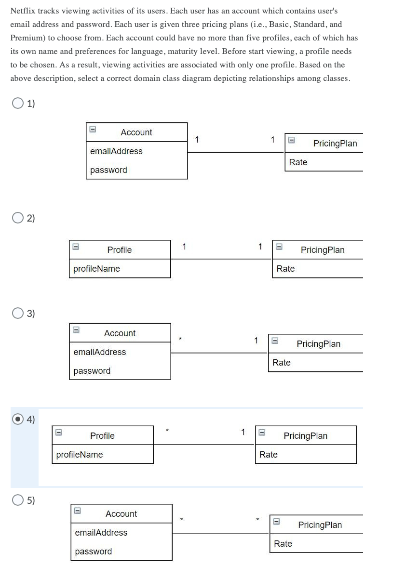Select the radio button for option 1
(18, 103)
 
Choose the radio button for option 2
(18, 218)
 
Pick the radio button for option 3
(18, 314)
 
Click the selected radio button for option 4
(18, 420)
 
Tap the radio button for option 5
(18, 500)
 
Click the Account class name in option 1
(136, 132)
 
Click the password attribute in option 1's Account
(108, 170)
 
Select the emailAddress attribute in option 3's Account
(99, 352)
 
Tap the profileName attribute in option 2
(96, 269)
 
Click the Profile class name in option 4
(102, 436)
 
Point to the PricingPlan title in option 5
(320, 525)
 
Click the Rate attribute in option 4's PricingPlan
(269, 455)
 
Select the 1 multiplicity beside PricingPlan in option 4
(243, 432)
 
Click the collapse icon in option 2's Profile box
(75, 247)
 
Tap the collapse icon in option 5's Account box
(77, 511)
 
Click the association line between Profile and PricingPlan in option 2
(221, 259)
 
